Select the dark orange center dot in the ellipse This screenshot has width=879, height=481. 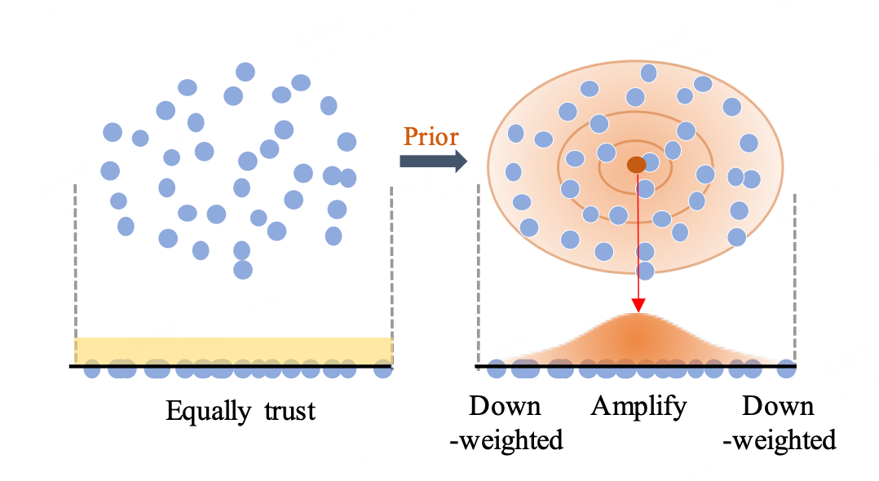coord(636,165)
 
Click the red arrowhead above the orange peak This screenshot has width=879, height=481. coord(638,306)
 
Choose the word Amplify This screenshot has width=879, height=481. coord(639,406)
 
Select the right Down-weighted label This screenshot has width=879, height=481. coord(780,423)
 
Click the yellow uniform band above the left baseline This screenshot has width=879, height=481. coord(234,350)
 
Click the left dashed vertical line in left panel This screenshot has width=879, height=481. coord(75,261)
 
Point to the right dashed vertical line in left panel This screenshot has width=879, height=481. coord(392,261)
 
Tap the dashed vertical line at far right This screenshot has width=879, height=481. coord(794,269)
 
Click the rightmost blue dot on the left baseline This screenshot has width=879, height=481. coord(382,369)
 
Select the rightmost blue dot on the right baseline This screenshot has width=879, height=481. coord(786,368)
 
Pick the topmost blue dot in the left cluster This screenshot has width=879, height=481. coord(245,72)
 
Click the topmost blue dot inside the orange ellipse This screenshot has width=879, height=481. coord(649,73)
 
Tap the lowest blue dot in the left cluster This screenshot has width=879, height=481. coord(242,269)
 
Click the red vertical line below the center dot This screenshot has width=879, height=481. coord(638,236)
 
